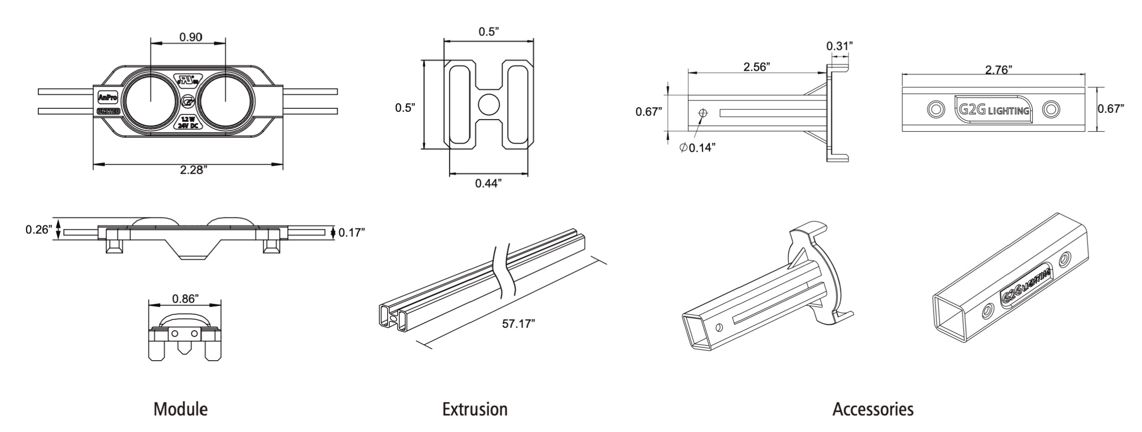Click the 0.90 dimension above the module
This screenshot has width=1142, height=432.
coord(190,37)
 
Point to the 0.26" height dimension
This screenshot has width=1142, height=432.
coord(39,230)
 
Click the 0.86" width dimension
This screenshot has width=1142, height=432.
coord(185,299)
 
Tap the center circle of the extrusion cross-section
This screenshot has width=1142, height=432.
coord(489,104)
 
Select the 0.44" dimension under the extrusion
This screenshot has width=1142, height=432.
coord(488,184)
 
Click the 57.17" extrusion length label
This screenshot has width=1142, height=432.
coord(519,324)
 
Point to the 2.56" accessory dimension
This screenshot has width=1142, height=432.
coord(756,67)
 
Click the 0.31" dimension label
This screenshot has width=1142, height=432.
coord(839,46)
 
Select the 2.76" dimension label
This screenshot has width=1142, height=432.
coord(995,69)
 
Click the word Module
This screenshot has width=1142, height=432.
coord(180,410)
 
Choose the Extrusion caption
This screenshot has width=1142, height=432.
coord(475,410)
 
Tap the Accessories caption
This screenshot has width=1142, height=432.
coord(873,410)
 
